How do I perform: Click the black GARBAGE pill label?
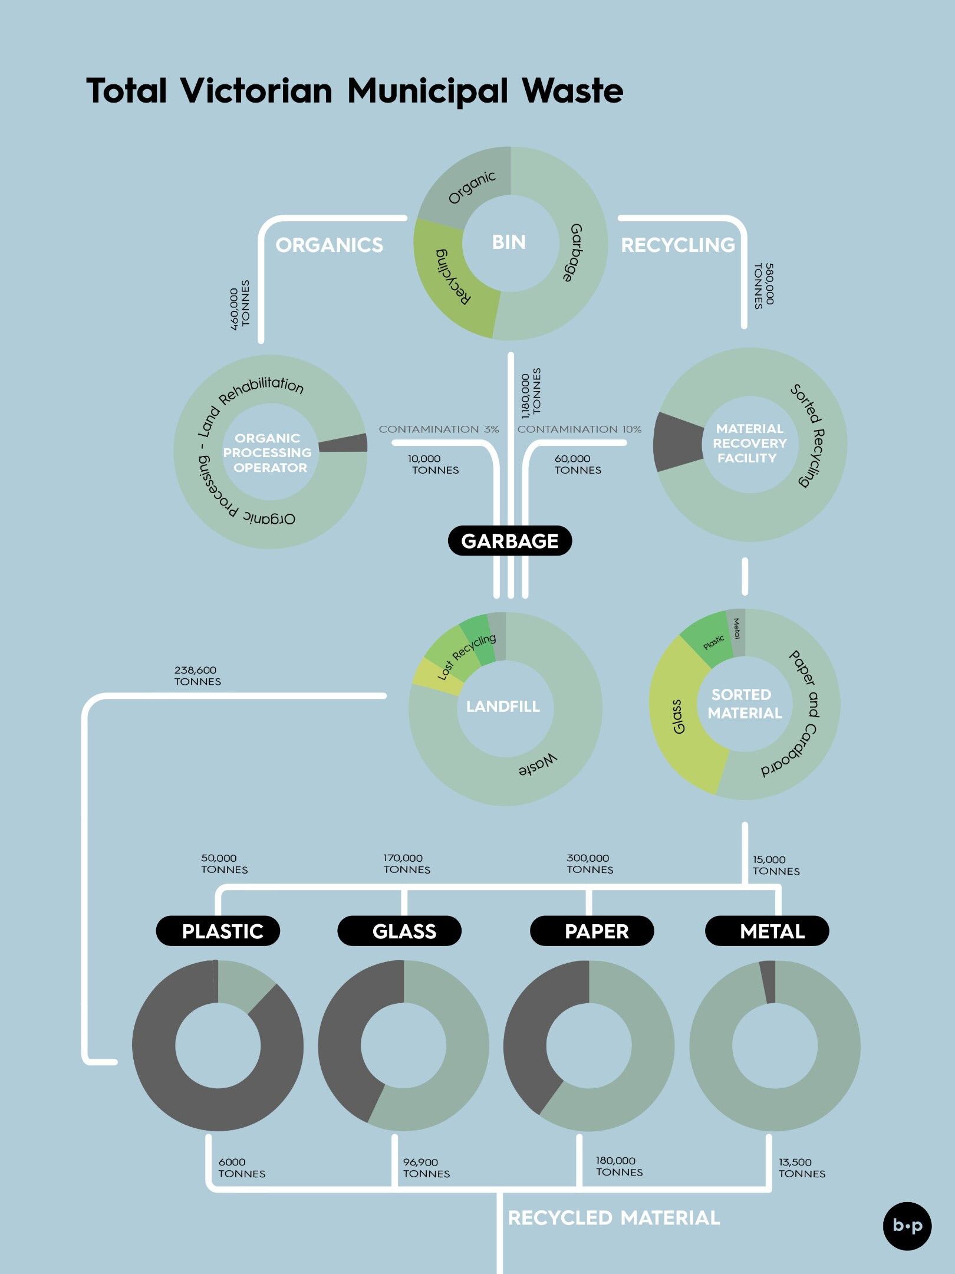(x=510, y=541)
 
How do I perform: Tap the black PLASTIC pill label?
(x=218, y=931)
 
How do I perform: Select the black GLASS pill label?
(x=399, y=931)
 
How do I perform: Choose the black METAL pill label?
(x=767, y=931)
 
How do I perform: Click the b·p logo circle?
(x=907, y=1226)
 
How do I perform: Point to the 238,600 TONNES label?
(x=197, y=676)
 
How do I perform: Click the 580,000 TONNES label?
(x=765, y=285)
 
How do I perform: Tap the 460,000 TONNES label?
(x=240, y=305)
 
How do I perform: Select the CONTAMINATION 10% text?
(x=579, y=429)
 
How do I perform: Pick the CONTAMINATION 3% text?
(x=439, y=429)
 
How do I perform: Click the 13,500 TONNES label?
(x=802, y=1168)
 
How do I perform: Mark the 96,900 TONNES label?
(x=426, y=1168)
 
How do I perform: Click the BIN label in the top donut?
(x=509, y=242)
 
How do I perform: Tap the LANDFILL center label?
(x=503, y=707)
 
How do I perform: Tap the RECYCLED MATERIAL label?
(x=614, y=1218)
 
